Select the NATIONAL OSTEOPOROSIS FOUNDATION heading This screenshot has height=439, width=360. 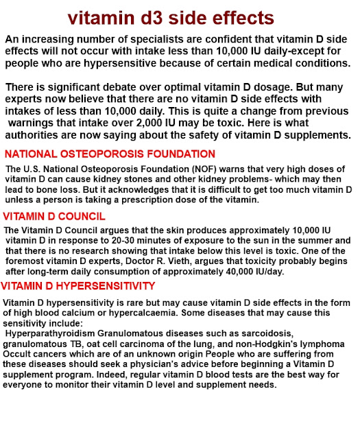click(110, 154)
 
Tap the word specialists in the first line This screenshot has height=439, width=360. click(155, 38)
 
